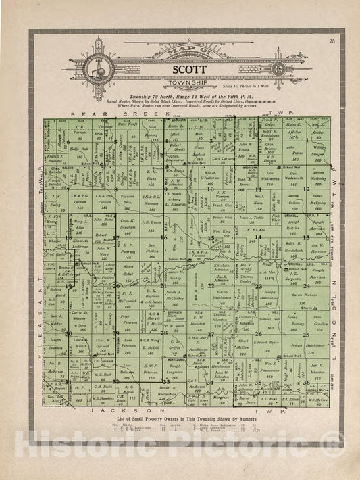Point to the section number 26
(x=259, y=334)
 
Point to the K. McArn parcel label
(x=257, y=230)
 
